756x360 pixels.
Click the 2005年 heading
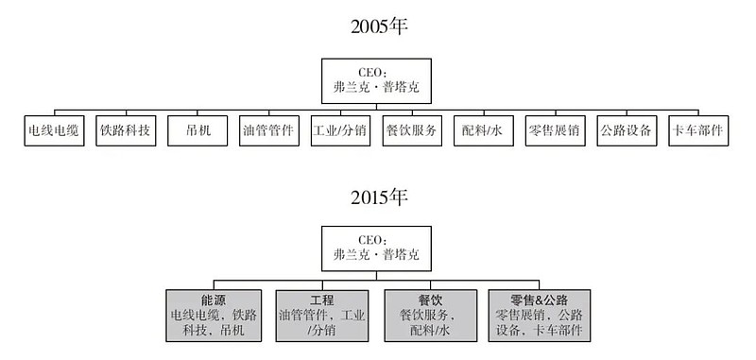pos(378,26)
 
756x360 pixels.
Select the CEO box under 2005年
pos(377,77)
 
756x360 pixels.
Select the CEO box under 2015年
pos(377,248)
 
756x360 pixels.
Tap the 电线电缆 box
pos(54,130)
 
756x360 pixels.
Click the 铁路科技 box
pos(126,130)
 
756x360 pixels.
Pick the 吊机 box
pos(198,130)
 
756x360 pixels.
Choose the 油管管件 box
pos(268,130)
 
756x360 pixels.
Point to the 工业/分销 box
pos(340,130)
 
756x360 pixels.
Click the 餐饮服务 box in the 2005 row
pos(412,130)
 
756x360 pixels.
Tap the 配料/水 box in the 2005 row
pos(483,130)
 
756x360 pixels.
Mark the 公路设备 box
pos(627,130)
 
